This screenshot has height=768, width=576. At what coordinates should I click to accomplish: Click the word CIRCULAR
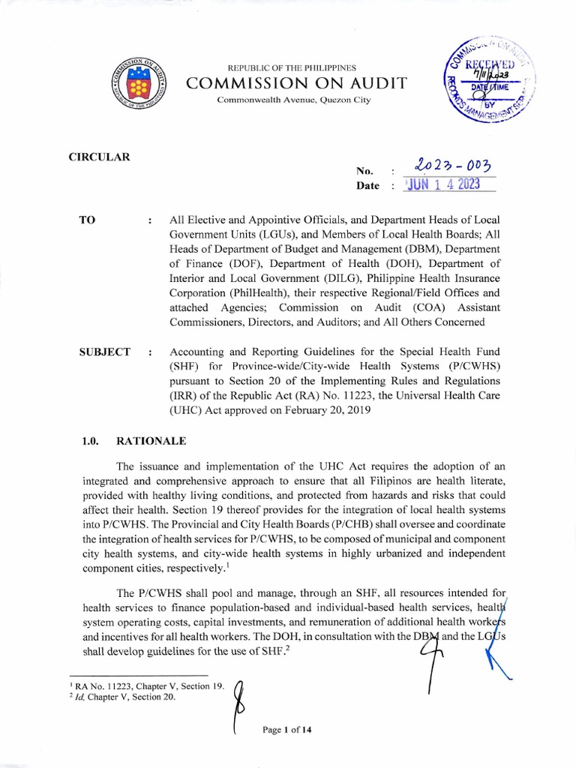click(x=100, y=157)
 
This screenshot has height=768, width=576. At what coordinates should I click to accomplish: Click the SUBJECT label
click(x=105, y=352)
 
